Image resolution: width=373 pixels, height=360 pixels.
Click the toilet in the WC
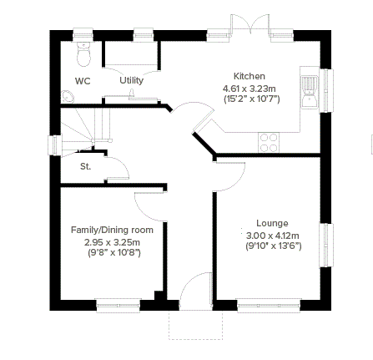click(83, 54)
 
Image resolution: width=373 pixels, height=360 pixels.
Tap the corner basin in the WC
click(68, 97)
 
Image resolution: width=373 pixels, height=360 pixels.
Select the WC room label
click(83, 81)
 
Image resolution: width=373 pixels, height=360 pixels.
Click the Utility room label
click(131, 80)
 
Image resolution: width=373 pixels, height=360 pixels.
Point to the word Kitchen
click(250, 76)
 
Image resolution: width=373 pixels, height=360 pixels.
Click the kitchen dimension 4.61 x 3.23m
click(250, 89)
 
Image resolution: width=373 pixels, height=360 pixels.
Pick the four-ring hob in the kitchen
click(269, 143)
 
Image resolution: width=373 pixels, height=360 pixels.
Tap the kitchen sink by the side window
click(310, 92)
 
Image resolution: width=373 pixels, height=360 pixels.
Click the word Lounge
click(272, 223)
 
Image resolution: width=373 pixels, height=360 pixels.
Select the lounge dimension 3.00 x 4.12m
click(273, 236)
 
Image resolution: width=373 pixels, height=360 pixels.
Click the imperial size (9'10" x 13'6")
click(274, 246)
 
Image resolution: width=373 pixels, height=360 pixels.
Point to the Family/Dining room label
click(112, 230)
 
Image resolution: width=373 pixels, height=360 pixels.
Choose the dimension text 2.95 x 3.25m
click(112, 242)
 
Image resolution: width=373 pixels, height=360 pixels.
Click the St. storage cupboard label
click(85, 166)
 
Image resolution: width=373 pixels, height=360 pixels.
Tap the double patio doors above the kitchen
click(250, 23)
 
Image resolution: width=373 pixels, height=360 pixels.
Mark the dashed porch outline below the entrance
click(195, 325)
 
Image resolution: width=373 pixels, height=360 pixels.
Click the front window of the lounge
click(269, 306)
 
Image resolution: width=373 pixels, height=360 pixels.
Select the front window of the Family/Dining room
click(118, 306)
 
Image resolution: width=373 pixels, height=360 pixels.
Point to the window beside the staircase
click(54, 145)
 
